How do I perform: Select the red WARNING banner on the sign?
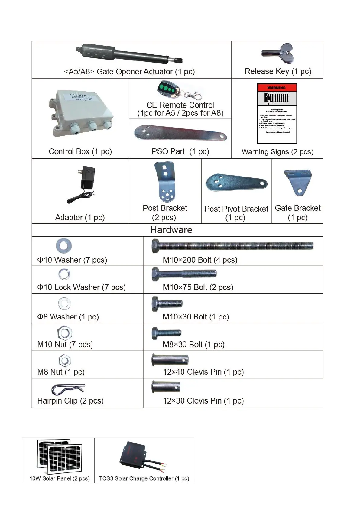coord(277,88)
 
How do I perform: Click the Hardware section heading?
coord(171,230)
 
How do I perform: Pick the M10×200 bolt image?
coord(232,246)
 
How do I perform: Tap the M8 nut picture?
coord(64,361)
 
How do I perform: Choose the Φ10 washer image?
coord(64,245)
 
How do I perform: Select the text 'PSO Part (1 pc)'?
coord(180,151)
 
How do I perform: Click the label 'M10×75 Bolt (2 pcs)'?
coord(198,287)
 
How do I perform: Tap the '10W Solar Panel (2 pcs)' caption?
coord(60,478)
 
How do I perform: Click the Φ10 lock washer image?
coord(64,274)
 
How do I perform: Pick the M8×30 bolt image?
coord(167,333)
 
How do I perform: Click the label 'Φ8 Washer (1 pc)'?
coord(68,317)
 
